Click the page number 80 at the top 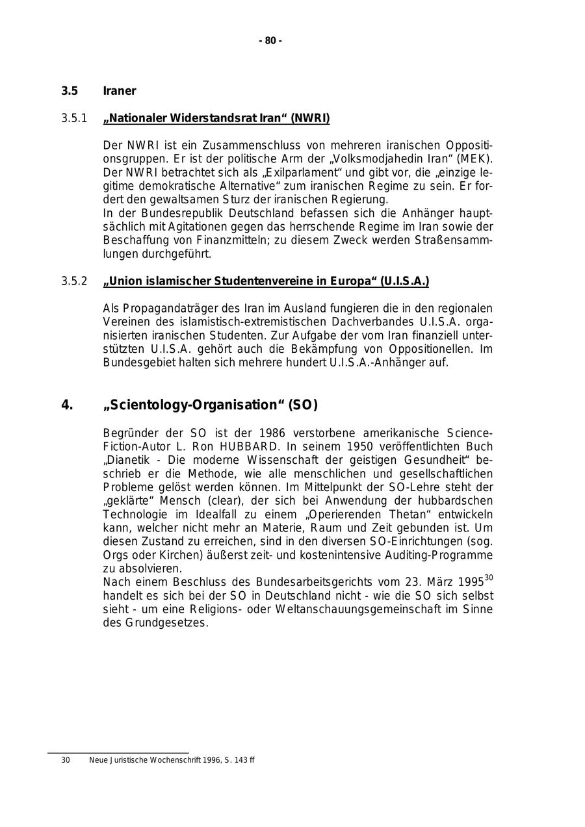coord(270,41)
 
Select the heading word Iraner coord(120,91)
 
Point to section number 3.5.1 coord(74,118)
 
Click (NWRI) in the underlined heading coord(310,118)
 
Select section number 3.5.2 coord(74,281)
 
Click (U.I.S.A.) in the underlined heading coord(404,281)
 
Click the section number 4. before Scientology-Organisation coord(67,405)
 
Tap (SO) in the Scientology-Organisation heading coord(303,405)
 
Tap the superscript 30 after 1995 coord(489,578)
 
